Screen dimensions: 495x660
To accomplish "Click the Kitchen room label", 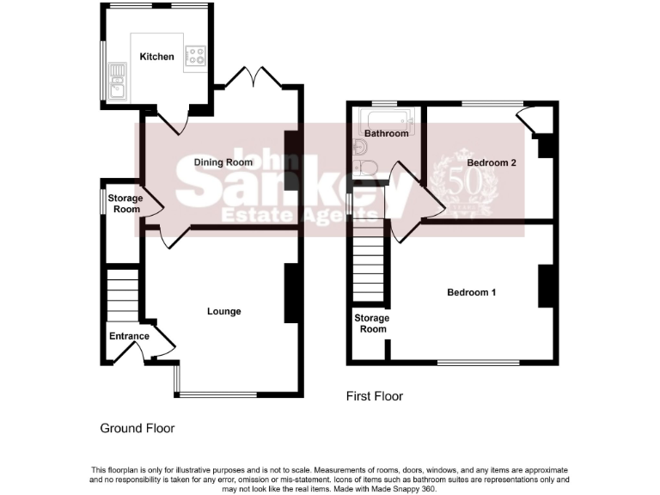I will tap(157, 57).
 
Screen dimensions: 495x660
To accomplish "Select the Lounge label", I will tap(224, 311).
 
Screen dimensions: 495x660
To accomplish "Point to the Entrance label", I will tap(129, 336).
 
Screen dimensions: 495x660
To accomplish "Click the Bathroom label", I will tap(386, 134).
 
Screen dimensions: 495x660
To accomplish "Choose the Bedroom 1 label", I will tap(472, 292).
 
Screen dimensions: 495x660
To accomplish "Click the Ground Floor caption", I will tap(137, 427).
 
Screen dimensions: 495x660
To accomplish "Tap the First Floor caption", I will tap(374, 396).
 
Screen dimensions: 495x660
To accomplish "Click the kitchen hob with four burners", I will tap(197, 56).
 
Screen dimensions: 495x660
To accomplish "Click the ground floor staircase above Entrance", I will tap(123, 292).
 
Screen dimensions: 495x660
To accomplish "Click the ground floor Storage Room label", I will tap(125, 204).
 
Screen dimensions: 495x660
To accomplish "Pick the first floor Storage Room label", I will tap(372, 323).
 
